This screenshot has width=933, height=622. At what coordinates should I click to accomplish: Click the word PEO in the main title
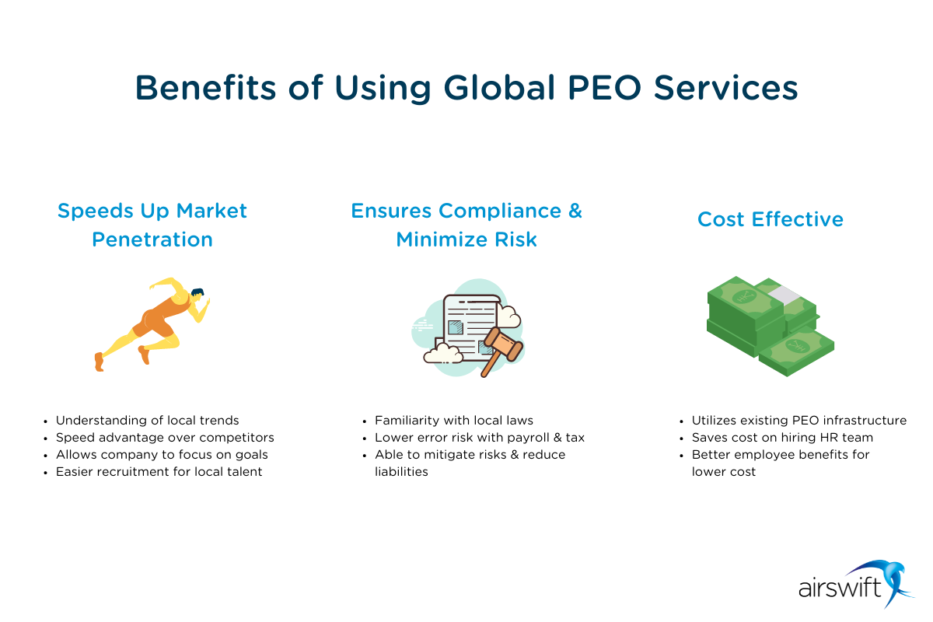604,88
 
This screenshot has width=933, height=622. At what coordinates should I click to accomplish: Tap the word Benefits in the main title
206,88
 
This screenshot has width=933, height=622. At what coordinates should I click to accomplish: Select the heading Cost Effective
771,219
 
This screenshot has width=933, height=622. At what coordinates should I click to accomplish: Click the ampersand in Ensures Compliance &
575,211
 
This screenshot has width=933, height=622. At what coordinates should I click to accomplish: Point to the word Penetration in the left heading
152,239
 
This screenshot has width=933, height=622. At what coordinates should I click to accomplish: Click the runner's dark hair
197,292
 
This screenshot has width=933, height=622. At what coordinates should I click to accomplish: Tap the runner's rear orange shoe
100,362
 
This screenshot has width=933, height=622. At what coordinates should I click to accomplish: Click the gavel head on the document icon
503,344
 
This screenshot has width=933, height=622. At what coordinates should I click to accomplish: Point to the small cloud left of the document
442,353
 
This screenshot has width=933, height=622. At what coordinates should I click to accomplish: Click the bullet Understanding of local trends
148,421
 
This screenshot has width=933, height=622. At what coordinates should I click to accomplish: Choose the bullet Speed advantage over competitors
165,438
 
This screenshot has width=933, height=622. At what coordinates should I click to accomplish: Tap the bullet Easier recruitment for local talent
159,472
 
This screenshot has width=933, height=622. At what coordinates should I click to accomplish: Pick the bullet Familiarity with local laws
454,421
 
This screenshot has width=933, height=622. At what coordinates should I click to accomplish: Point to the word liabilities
401,472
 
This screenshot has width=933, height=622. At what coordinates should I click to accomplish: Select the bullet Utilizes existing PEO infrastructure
799,421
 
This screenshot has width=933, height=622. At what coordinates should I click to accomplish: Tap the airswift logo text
840,587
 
